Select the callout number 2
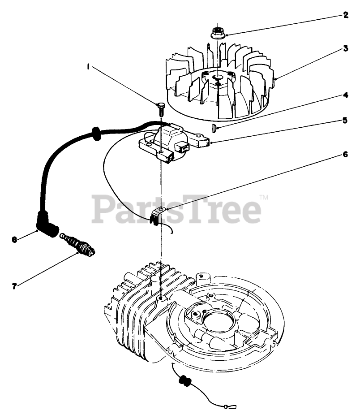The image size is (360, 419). (x=345, y=14)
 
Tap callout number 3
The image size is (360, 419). (x=346, y=47)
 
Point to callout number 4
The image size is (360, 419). (x=345, y=95)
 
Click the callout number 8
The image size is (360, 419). (x=15, y=240)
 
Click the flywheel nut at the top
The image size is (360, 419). (x=218, y=32)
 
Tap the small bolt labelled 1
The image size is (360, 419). (x=161, y=106)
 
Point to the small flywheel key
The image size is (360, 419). (x=215, y=129)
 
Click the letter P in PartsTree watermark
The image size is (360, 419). (x=103, y=210)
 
